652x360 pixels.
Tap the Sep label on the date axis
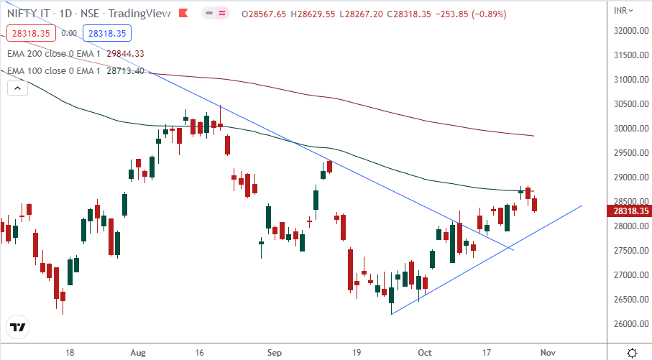click(273, 354)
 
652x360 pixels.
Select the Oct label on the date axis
click(425, 354)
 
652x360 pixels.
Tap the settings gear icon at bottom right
click(632, 353)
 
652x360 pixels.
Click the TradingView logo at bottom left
click(18, 327)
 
